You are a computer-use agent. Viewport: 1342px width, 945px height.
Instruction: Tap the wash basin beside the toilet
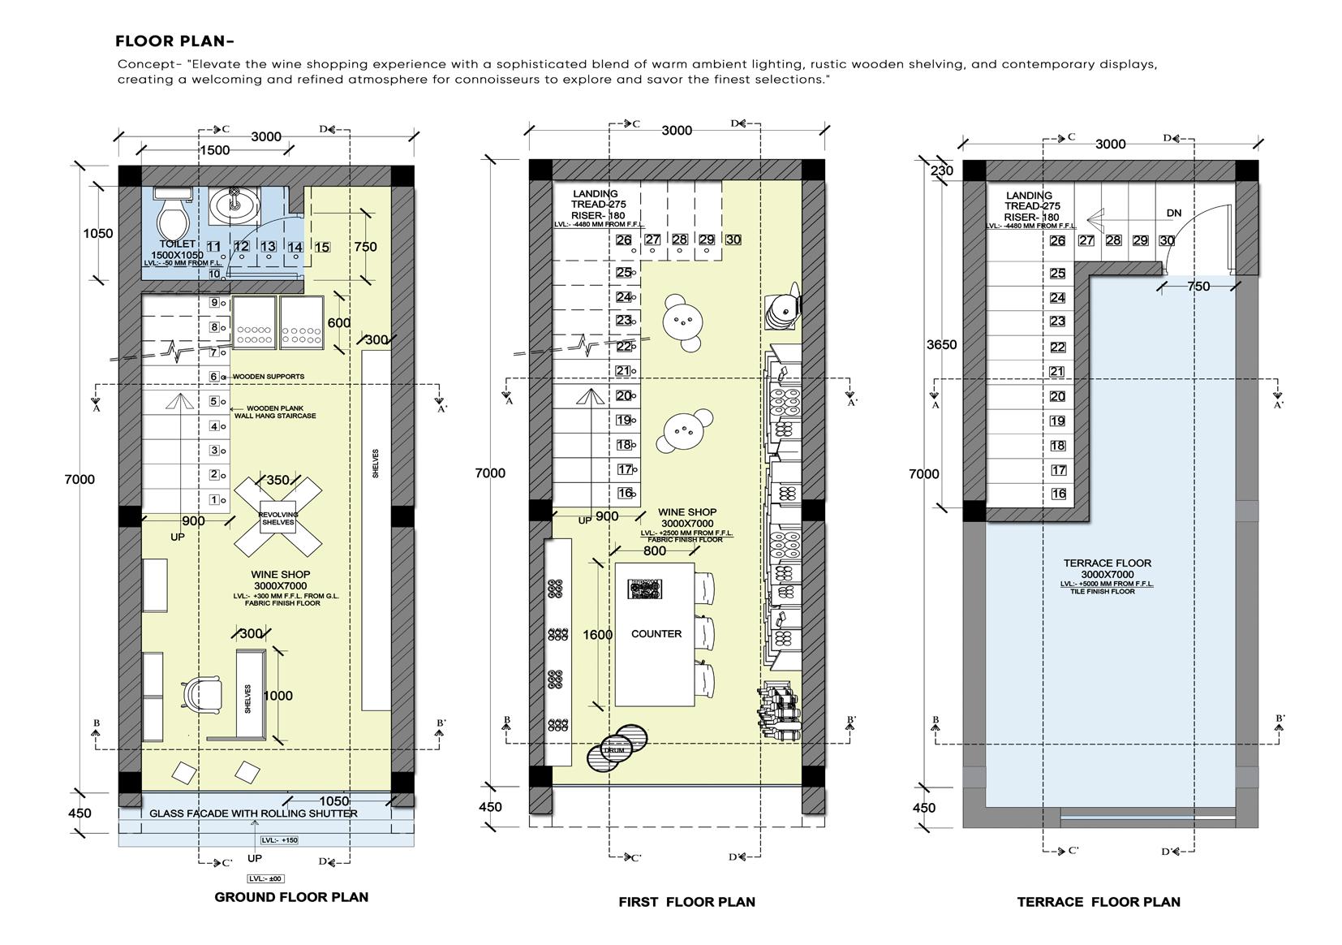pyautogui.click(x=234, y=203)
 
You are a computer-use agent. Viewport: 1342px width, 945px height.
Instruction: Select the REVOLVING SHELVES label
pyautogui.click(x=278, y=518)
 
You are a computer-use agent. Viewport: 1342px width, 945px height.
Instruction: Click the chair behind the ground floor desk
pyautogui.click(x=203, y=695)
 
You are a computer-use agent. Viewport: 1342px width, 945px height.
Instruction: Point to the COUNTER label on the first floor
pyautogui.click(x=656, y=633)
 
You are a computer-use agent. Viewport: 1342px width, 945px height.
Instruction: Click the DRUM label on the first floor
pyautogui.click(x=615, y=751)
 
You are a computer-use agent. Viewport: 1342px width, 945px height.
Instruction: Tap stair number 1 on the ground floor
pyautogui.click(x=214, y=500)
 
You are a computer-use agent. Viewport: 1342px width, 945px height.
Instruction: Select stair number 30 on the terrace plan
pyautogui.click(x=1167, y=240)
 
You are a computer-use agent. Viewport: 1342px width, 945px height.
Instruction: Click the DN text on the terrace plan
pyautogui.click(x=1173, y=214)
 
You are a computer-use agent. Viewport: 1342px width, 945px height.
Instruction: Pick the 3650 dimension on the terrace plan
pyautogui.click(x=941, y=344)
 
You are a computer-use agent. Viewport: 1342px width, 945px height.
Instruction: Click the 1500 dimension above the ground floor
pyautogui.click(x=214, y=150)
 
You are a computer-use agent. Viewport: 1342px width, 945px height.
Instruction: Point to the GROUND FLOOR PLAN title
pyautogui.click(x=291, y=897)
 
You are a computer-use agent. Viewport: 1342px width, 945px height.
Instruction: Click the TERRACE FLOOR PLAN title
pyautogui.click(x=1099, y=901)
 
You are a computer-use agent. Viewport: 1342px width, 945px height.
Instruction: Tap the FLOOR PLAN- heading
pyautogui.click(x=175, y=41)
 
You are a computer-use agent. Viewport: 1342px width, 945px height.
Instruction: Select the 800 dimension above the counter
pyautogui.click(x=654, y=551)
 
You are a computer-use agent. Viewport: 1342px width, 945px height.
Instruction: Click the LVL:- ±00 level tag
pyautogui.click(x=266, y=878)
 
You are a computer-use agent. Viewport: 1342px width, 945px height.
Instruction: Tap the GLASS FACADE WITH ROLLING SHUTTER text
pyautogui.click(x=253, y=813)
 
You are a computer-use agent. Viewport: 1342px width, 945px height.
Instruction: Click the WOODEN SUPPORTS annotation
pyautogui.click(x=269, y=377)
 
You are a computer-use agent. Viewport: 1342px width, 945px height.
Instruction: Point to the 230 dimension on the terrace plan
pyautogui.click(x=942, y=170)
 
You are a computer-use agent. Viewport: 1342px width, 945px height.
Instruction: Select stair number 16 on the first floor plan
pyautogui.click(x=625, y=493)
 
